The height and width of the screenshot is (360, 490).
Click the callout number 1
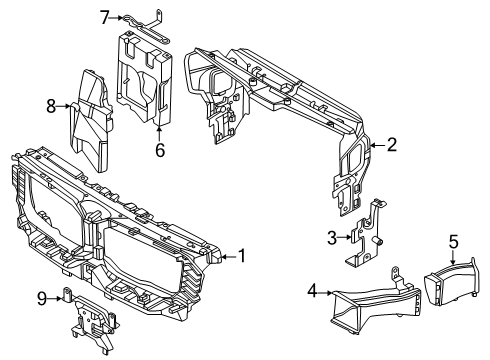[x=241, y=256]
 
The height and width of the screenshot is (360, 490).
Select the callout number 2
[x=392, y=145]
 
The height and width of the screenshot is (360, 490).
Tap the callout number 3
[x=332, y=238]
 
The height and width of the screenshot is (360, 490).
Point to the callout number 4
[x=312, y=291]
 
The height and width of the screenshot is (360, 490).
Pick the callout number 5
[x=454, y=242]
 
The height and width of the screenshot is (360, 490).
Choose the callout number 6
[x=160, y=150]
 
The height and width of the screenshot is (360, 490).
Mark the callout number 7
[x=105, y=18]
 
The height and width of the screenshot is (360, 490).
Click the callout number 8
[x=51, y=107]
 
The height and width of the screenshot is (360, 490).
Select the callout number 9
[x=42, y=298]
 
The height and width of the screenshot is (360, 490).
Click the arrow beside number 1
[x=229, y=257]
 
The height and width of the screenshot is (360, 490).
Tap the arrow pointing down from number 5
[x=453, y=257]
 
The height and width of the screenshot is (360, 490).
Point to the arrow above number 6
[x=159, y=133]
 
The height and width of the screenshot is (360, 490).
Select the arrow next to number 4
[x=325, y=293]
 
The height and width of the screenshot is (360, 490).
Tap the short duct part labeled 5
[x=452, y=283]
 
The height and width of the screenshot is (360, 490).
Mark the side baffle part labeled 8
[x=91, y=122]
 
